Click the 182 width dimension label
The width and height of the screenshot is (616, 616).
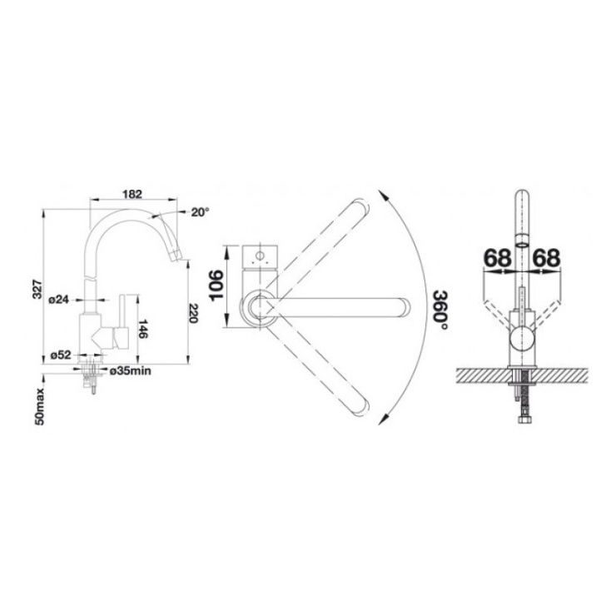pyautogui.click(x=132, y=194)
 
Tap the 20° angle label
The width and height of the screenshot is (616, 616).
pyautogui.click(x=200, y=212)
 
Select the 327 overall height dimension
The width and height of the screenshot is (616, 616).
pyautogui.click(x=37, y=289)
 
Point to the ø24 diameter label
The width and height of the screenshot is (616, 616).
pyautogui.click(x=58, y=300)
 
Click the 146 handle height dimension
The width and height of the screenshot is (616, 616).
pyautogui.click(x=143, y=329)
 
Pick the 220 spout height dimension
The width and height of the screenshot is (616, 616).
pyautogui.click(x=193, y=313)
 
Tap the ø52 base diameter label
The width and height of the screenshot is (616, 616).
pyautogui.click(x=61, y=355)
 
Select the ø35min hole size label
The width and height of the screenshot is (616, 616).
pyautogui.click(x=131, y=371)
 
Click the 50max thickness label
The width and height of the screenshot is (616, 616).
pyautogui.click(x=40, y=406)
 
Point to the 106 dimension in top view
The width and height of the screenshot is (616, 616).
pyautogui.click(x=217, y=286)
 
